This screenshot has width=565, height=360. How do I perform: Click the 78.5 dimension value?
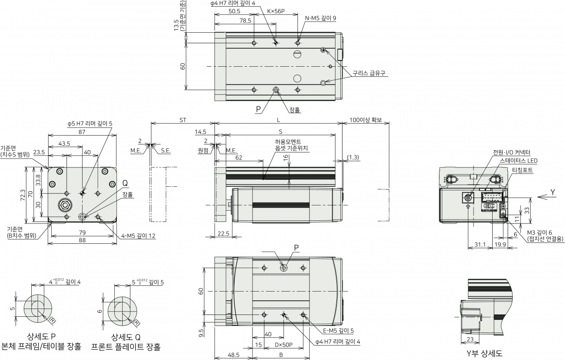245,21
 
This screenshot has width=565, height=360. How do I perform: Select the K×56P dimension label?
276,11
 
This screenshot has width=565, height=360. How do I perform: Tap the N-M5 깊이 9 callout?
320,18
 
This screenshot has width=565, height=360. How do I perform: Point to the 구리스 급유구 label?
369,73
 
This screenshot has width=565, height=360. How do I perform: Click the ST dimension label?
183,120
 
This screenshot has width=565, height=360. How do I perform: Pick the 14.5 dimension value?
200,132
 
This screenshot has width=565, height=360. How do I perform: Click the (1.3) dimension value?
353,157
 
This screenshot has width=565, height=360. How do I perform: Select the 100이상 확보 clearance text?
365,120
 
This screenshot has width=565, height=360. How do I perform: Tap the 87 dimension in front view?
82,132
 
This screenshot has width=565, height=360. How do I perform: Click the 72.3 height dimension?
23,195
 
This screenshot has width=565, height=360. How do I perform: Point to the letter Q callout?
125,183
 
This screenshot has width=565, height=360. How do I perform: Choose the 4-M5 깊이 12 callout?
138,236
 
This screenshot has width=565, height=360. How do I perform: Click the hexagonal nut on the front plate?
65,205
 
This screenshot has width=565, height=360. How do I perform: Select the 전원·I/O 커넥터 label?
512,152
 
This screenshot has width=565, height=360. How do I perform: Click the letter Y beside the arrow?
553,193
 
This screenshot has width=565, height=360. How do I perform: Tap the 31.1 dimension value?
480,244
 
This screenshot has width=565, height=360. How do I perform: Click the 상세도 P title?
41,337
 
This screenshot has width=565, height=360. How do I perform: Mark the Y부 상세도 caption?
484,354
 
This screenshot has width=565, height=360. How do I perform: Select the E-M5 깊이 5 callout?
338,331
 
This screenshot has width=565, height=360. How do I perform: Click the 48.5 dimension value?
234,355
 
